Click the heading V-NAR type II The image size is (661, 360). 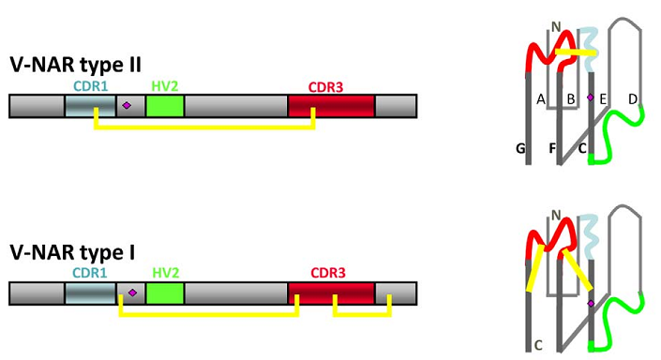[x=75, y=66]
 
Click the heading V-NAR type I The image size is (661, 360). [x=72, y=252]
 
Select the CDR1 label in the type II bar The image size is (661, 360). [x=91, y=86]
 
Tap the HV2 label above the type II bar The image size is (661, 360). [x=165, y=86]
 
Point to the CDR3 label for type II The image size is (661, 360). [x=326, y=87]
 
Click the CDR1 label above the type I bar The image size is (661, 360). [x=90, y=273]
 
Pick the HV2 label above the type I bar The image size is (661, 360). [x=166, y=273]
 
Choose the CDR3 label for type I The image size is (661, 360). [x=328, y=273]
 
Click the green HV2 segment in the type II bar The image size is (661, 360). [x=165, y=106]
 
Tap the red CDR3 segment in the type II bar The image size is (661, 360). [x=331, y=106]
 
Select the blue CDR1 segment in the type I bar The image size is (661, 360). [x=90, y=293]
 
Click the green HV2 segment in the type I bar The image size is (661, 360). [x=165, y=293]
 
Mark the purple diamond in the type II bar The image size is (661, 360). [x=127, y=105]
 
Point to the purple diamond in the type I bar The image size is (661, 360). [x=132, y=292]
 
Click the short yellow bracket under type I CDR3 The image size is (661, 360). [x=362, y=314]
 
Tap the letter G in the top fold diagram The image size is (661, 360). [x=520, y=148]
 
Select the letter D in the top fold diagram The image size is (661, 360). [x=633, y=99]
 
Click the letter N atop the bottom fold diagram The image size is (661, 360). [x=556, y=216]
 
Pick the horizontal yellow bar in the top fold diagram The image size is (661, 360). [x=576, y=52]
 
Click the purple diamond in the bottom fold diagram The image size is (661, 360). [x=591, y=304]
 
